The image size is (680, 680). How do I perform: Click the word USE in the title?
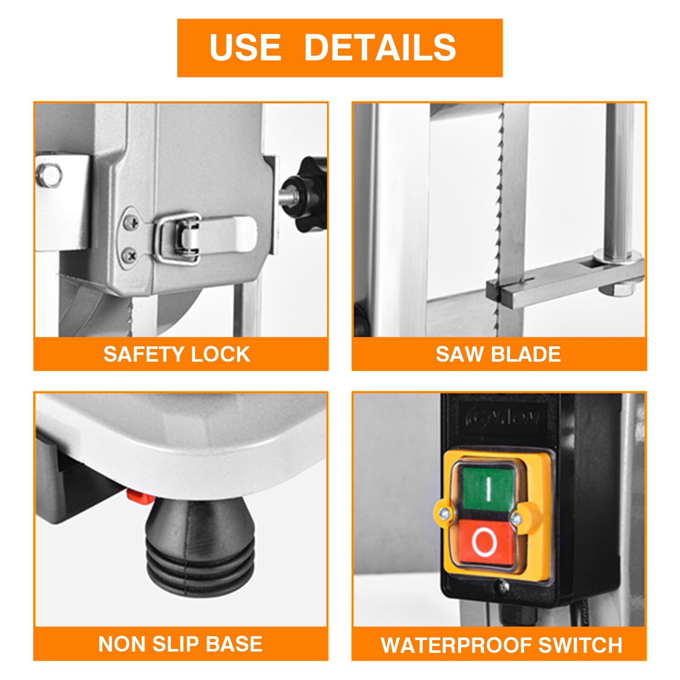(x=245, y=47)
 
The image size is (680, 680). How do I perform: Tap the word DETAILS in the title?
(x=380, y=47)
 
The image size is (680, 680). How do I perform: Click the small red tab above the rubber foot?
(x=139, y=496)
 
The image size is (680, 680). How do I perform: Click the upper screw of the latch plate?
(x=132, y=221)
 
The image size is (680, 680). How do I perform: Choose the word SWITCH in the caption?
(x=580, y=645)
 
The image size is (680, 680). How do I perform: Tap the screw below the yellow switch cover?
(x=504, y=587)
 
